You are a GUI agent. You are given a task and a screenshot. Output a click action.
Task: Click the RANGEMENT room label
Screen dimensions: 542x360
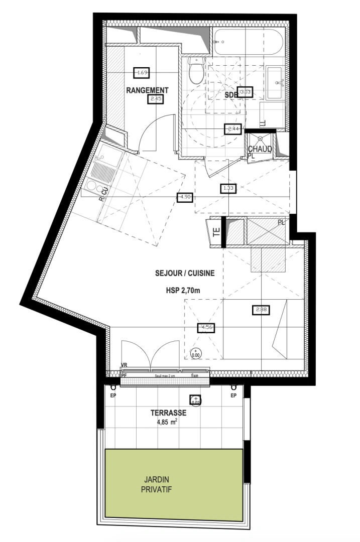[147, 90]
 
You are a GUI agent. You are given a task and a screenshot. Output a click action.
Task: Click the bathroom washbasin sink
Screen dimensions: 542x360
[275, 82]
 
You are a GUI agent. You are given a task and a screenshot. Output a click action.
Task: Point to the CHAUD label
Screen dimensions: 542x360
[260, 149]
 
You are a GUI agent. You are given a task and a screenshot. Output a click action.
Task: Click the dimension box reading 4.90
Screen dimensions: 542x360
[185, 197]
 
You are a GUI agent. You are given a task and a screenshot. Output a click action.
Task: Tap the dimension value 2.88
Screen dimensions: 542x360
[261, 310]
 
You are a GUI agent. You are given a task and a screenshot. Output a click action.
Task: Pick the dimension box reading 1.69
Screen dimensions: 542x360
[142, 73]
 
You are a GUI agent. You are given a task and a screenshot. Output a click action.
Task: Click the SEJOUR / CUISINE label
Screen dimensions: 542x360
[185, 274]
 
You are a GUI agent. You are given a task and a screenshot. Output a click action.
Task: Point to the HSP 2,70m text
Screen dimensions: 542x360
[185, 290]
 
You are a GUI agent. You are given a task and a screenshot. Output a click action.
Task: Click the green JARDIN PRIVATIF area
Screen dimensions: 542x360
[173, 484]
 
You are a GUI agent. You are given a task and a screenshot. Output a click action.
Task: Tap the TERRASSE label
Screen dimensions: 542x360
[169, 413]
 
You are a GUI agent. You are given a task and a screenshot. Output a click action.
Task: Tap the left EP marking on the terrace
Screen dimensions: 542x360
[112, 395]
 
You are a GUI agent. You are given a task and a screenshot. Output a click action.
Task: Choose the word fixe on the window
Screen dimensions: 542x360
[194, 376]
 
